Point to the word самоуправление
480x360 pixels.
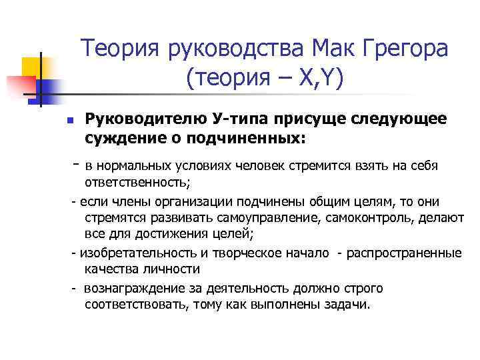click(230, 218)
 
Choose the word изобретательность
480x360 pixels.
click(136, 253)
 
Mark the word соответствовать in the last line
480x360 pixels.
click(136, 305)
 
